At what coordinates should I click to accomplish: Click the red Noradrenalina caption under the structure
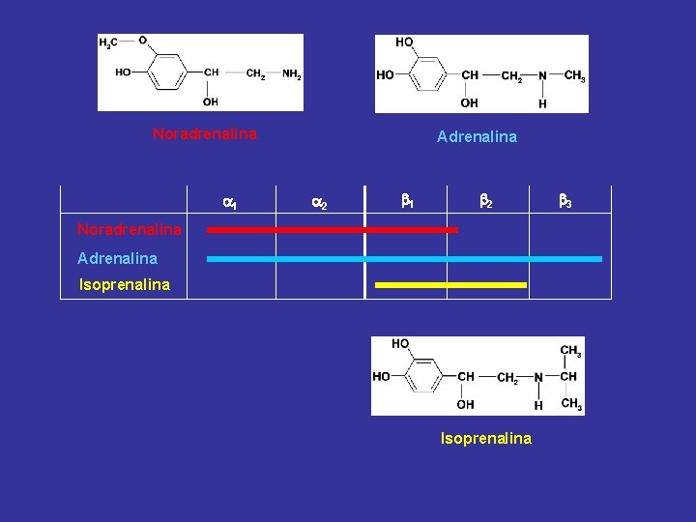tap(205, 133)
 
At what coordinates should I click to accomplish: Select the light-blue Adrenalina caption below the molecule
tap(478, 136)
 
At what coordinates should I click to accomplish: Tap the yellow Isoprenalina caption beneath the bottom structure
tap(486, 439)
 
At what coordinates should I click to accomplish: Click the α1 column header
tap(230, 203)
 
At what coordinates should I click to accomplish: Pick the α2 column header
tap(320, 203)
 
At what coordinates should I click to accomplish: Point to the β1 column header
tap(408, 201)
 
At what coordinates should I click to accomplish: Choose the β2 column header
tap(486, 201)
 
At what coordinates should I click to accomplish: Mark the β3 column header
tap(565, 201)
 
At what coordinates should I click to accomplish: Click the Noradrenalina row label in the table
tap(130, 229)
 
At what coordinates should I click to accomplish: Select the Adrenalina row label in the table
tap(118, 258)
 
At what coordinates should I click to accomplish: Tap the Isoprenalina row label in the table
tap(125, 284)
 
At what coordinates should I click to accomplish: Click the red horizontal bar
tap(333, 230)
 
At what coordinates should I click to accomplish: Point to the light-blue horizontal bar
tap(404, 259)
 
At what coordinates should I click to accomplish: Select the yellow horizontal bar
tap(451, 285)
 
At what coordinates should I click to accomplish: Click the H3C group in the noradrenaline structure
tap(108, 43)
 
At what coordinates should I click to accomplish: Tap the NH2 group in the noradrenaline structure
tap(292, 73)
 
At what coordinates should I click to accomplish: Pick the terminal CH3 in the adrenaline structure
tap(575, 75)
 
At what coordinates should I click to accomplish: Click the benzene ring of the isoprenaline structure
tap(423, 375)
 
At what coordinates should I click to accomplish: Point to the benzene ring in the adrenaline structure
tap(427, 74)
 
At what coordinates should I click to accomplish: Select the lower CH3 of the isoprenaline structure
tap(571, 403)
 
